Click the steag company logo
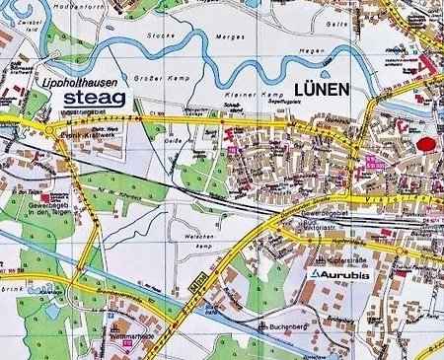coord(94,99)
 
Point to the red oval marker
coord(426,144)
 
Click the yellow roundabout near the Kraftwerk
coord(49,129)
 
